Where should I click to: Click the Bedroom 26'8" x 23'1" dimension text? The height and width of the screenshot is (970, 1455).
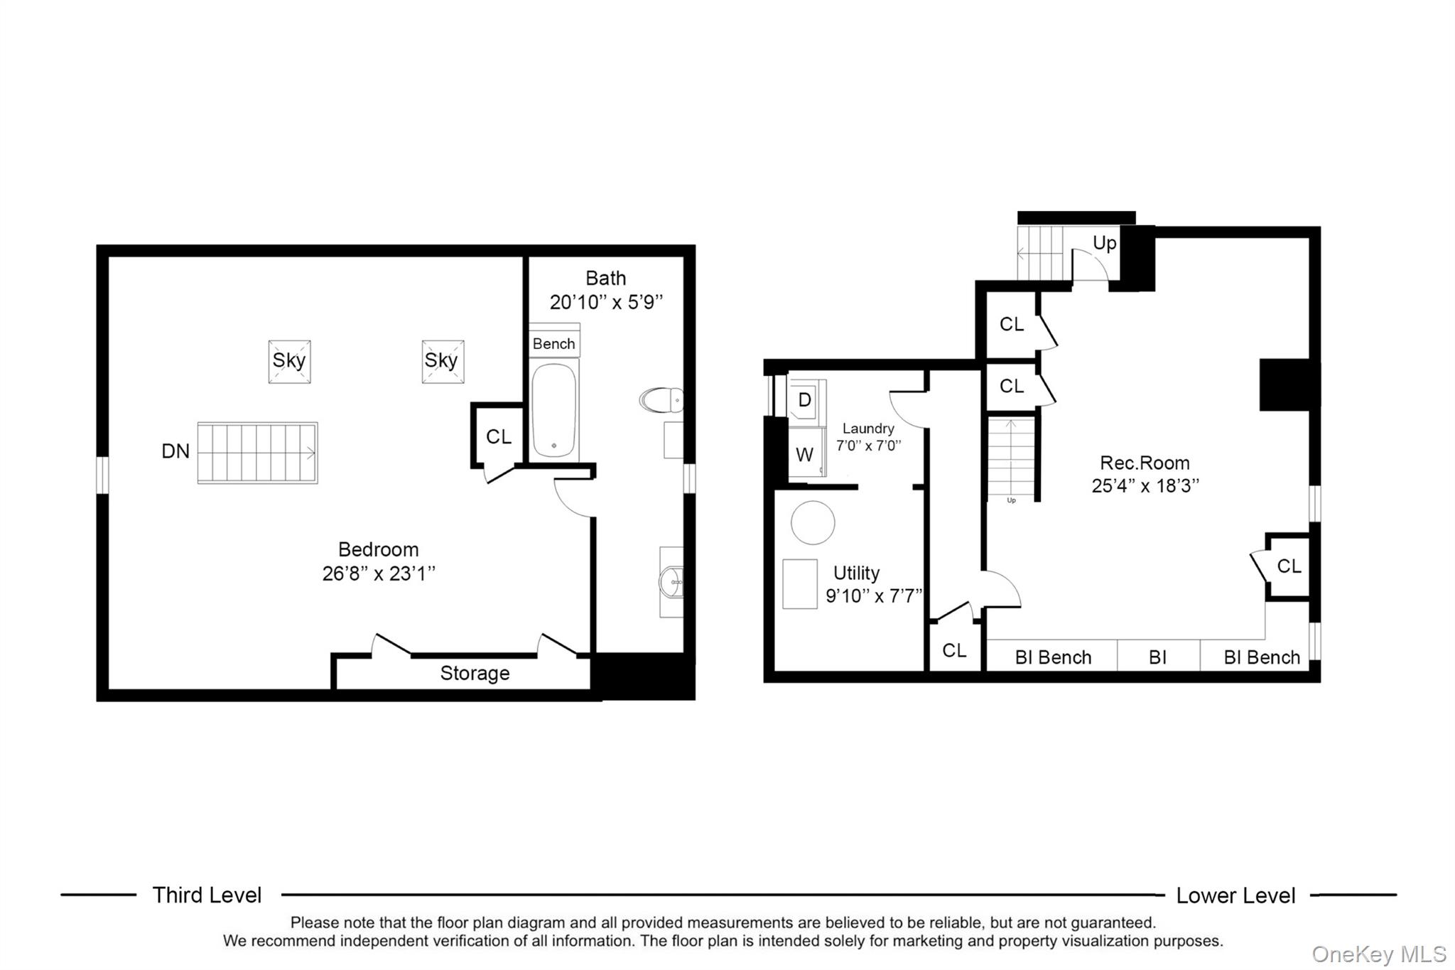tap(378, 573)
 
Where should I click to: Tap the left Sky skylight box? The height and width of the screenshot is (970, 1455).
tap(289, 361)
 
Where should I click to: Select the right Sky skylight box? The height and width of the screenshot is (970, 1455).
tap(443, 361)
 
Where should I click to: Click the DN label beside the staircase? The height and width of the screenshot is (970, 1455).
tap(175, 451)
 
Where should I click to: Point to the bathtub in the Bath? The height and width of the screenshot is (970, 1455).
tap(553, 410)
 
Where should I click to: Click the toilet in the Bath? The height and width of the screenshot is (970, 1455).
tap(661, 400)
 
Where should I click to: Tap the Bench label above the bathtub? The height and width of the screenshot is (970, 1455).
tap(553, 344)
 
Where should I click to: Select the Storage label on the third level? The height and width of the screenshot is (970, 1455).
tap(475, 673)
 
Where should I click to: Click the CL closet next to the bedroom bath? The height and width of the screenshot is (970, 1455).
tap(498, 436)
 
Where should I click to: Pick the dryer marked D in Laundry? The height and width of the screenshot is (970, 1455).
tap(805, 400)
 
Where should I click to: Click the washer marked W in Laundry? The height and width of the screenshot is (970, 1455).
tap(805, 455)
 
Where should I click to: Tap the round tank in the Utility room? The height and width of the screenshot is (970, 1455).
tap(813, 522)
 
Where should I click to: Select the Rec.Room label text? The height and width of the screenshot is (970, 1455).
tap(1145, 463)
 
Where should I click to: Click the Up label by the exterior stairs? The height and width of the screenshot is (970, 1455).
tap(1104, 243)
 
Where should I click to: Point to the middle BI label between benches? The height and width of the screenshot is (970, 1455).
tap(1157, 657)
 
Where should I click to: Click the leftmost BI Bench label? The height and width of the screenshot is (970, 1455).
tap(1053, 657)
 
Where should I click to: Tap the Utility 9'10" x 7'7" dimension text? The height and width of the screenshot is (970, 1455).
tap(874, 596)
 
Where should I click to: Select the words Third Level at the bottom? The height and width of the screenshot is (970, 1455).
tap(207, 895)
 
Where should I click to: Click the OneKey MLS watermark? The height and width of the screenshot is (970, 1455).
tap(1378, 954)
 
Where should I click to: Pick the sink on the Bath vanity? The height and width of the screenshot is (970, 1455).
tap(670, 582)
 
